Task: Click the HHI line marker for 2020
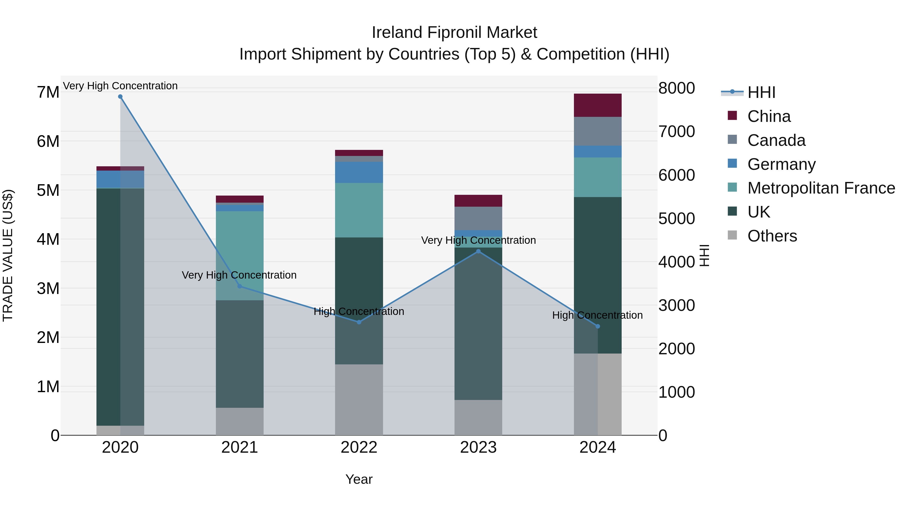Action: [120, 97]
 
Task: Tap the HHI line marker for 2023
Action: [478, 251]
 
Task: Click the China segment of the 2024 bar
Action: [597, 105]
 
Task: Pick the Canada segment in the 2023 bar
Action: [478, 218]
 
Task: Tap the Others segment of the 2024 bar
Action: [597, 394]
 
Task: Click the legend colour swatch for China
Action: [732, 116]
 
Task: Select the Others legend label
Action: [772, 236]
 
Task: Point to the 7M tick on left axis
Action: [48, 92]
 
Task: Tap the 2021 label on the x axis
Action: [240, 447]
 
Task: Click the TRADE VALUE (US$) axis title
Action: [8, 255]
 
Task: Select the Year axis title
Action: [359, 479]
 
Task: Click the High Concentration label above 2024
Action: [597, 315]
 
